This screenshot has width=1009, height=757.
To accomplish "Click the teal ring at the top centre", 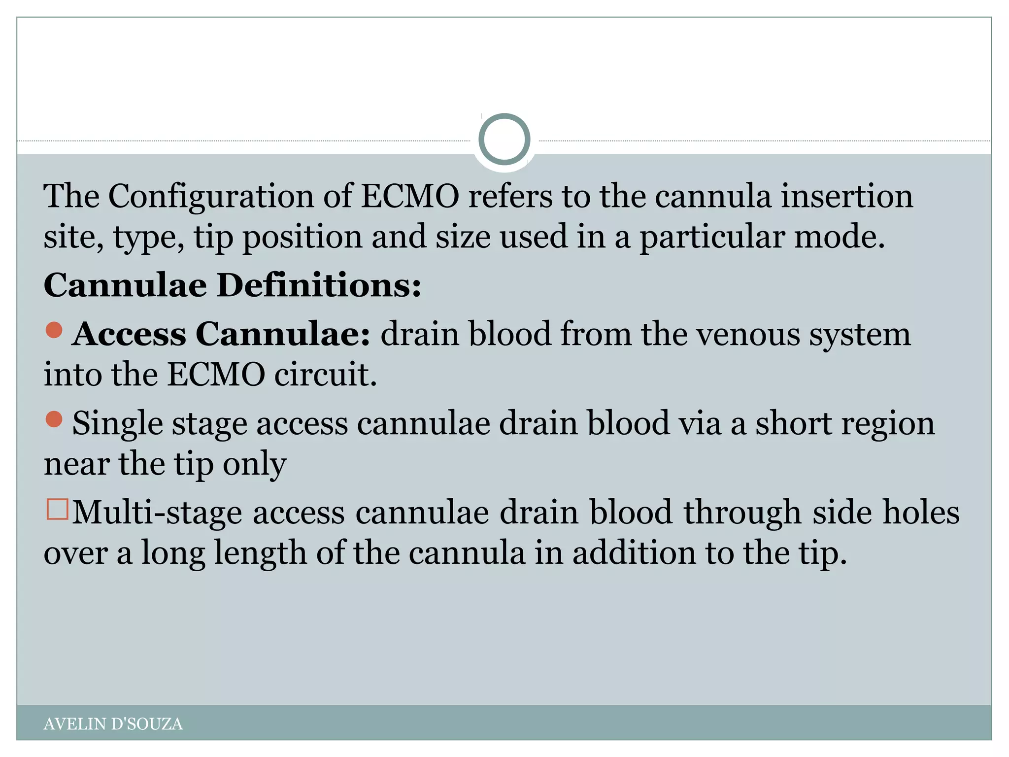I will [x=504, y=139].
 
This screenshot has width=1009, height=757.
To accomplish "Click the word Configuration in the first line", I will [x=211, y=197].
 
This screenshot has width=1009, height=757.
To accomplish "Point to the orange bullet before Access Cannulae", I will [x=54, y=330].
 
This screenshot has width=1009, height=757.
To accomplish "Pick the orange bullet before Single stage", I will [x=54, y=419].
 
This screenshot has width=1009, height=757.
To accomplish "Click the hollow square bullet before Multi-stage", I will [x=57, y=510].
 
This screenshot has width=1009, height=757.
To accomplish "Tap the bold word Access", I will [x=129, y=335].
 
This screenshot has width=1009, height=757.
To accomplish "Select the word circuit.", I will [x=325, y=375].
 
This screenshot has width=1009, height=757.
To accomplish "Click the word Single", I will [x=117, y=424].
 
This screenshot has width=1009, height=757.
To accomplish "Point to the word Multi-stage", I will [x=157, y=513].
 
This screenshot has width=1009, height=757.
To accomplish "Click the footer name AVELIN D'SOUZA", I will [x=113, y=724].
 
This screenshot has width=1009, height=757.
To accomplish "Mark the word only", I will [x=254, y=464].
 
